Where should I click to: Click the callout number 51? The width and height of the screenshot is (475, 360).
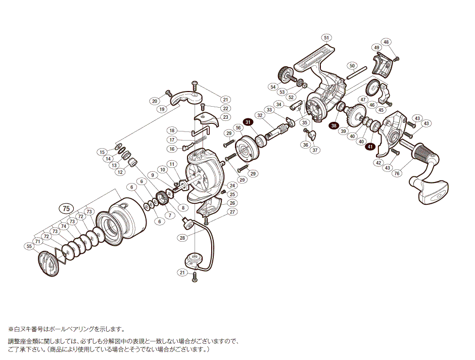(327, 37)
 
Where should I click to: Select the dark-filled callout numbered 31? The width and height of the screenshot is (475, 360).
(248, 122)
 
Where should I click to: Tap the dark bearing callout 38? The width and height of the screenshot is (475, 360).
(334, 125)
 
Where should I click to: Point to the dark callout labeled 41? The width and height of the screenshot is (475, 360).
(370, 147)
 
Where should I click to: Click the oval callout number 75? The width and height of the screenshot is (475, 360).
(65, 208)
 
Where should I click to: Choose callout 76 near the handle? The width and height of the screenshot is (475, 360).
(397, 174)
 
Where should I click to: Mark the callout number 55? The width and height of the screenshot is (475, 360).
(28, 246)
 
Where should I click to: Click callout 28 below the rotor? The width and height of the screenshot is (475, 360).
(182, 237)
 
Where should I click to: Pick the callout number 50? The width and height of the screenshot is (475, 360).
(353, 65)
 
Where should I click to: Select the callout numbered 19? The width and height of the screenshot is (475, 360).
(162, 109)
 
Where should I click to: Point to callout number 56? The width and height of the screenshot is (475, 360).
(238, 128)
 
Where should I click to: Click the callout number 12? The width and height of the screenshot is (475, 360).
(120, 172)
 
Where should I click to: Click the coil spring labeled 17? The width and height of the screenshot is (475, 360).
(201, 137)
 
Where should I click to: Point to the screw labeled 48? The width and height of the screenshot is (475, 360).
(396, 58)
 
